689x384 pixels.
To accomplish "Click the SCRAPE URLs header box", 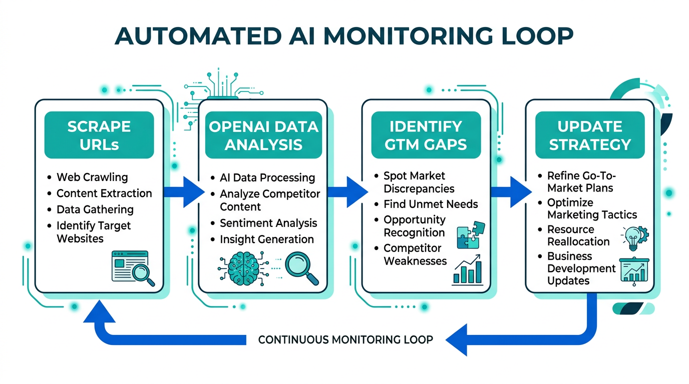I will tap(99, 135).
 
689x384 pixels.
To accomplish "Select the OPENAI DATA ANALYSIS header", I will tap(263, 135).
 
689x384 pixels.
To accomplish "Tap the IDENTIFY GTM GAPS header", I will tap(426, 135).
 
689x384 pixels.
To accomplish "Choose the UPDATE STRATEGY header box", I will tap(589, 135).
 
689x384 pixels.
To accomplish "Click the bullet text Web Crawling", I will tap(92, 177).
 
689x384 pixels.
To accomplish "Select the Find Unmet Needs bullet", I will tap(431, 204).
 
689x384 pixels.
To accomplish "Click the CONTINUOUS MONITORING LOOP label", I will tap(346, 340).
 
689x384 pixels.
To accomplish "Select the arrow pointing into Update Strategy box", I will tap(510, 191).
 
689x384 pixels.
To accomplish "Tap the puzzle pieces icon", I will tap(471, 235).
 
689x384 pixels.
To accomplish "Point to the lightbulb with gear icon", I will tap(634, 238).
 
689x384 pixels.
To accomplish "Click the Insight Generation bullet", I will tap(266, 239).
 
